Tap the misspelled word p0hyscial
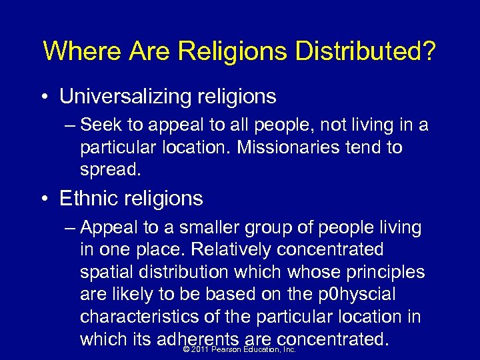357,295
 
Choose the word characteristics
140,317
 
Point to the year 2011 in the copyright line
200,349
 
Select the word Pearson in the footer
226,349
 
